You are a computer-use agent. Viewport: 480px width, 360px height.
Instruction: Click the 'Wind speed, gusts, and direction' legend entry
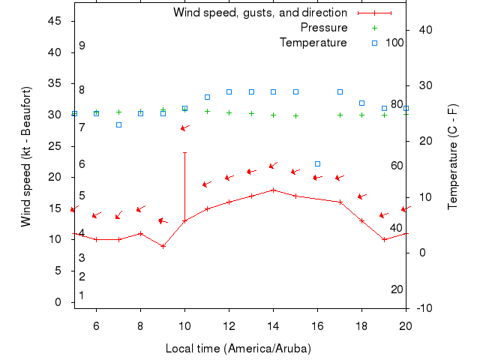pos(259,13)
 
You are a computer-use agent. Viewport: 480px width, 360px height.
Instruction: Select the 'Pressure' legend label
pos(324,28)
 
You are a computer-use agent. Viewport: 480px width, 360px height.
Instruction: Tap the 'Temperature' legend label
pos(313,43)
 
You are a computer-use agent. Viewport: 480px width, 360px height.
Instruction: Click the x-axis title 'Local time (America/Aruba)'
pos(238,349)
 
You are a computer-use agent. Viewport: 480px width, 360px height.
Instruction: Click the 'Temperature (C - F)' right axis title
pos(453,156)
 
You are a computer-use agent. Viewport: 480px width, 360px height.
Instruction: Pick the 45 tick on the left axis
pos(54,21)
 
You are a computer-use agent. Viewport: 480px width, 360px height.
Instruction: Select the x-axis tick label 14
pos(273,325)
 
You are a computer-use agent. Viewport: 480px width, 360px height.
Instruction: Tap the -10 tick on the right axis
pos(424,308)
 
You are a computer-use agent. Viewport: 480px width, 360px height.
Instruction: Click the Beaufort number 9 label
pos(82,46)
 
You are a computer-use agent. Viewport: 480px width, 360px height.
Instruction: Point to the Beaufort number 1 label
pos(82,295)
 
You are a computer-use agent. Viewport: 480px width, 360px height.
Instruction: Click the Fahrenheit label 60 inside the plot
pos(397,166)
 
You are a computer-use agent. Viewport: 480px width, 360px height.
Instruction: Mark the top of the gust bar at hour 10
pos(184,152)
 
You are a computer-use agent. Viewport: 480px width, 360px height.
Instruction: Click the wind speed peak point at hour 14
pos(273,190)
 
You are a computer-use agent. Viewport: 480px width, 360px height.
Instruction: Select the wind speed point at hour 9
pos(163,246)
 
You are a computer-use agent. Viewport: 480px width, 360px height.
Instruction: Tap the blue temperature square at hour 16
pos(317,163)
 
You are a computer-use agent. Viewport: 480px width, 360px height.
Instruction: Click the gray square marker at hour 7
pos(118,124)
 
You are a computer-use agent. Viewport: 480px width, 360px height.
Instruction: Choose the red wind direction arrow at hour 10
pos(184,128)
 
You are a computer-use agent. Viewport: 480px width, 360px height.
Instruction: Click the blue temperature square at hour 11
pos(207,97)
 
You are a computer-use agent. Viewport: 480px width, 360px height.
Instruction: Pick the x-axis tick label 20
pos(406,325)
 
